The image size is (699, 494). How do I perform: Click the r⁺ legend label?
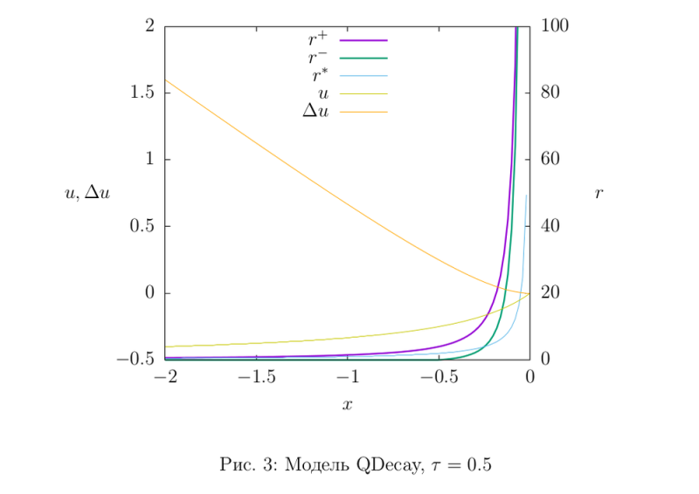(317, 39)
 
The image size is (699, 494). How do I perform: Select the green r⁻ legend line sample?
(363, 58)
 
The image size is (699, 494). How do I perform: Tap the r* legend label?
(319, 76)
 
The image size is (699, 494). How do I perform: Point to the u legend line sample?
(363, 93)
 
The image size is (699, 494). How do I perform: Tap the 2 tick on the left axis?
(150, 26)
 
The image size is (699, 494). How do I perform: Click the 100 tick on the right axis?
(555, 26)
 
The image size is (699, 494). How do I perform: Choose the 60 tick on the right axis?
(551, 160)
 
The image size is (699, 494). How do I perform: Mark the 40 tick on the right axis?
(551, 226)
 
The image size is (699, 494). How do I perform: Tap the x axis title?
(347, 405)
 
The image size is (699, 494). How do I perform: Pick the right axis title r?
(599, 194)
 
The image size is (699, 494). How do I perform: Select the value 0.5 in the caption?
(479, 465)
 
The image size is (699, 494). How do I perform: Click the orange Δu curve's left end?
(166, 80)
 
